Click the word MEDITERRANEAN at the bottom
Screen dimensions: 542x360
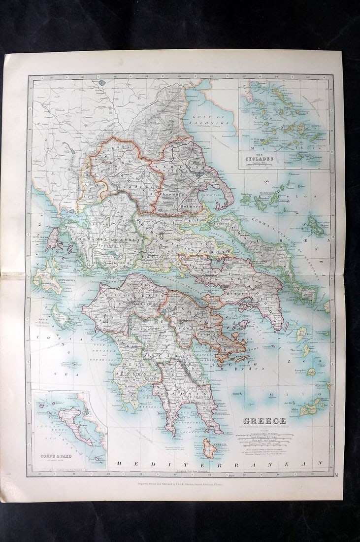click(219, 463)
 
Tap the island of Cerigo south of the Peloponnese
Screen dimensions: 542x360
click(209, 448)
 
